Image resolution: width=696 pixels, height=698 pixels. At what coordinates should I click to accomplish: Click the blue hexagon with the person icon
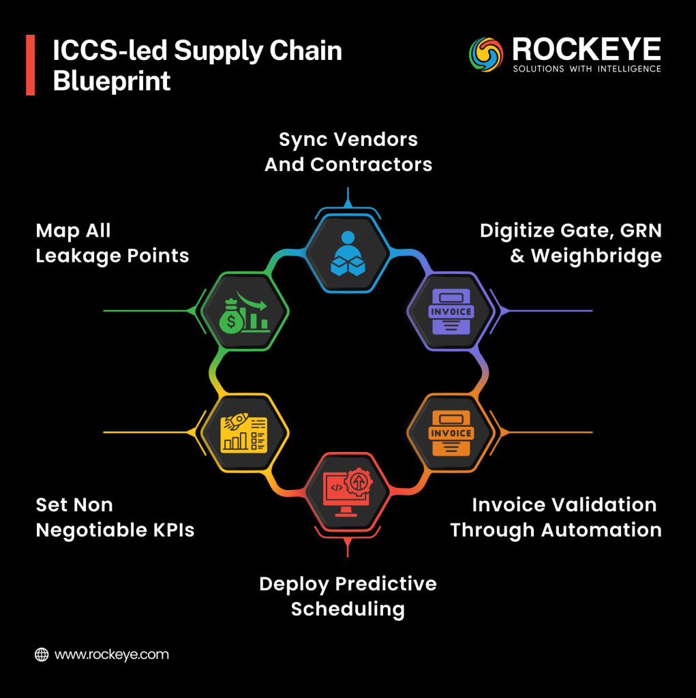click(348, 253)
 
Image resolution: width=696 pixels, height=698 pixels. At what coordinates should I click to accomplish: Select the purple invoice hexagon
click(450, 311)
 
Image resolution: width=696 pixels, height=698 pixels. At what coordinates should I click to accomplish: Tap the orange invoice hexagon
click(450, 432)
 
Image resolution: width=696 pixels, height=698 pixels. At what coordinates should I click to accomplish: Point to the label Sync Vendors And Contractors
click(348, 152)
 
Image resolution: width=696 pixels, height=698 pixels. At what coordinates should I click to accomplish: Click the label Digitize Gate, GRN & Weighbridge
click(571, 243)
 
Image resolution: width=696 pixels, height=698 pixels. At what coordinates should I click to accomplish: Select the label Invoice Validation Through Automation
click(556, 517)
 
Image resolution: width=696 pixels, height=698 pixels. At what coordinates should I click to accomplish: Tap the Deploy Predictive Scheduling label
click(348, 596)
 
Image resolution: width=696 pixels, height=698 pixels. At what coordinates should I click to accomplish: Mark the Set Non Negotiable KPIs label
click(115, 517)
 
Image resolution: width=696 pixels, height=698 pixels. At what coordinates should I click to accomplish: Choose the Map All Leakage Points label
click(112, 243)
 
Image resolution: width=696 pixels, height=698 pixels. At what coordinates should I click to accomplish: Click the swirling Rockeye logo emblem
click(485, 55)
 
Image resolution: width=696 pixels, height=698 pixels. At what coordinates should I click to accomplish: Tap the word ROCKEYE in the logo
click(586, 49)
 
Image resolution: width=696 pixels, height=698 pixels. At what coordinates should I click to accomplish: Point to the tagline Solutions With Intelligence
click(586, 69)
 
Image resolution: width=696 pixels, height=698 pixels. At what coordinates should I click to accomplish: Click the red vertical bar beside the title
click(30, 65)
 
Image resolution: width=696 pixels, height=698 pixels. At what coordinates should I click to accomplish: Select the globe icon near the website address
click(42, 654)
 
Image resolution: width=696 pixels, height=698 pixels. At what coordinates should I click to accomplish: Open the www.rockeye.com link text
click(111, 654)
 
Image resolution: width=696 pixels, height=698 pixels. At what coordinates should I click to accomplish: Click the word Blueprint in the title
click(112, 81)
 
